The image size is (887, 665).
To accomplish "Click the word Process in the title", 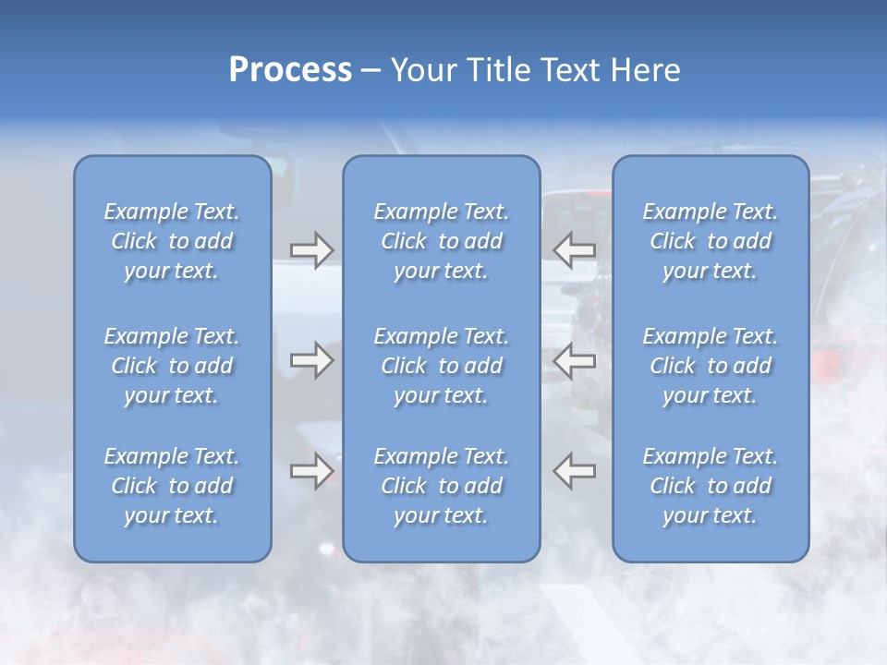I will [290, 70].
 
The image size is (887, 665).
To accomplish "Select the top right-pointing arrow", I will [312, 250].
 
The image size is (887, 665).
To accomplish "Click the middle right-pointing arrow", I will [312, 360].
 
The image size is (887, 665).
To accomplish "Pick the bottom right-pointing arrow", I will [312, 471].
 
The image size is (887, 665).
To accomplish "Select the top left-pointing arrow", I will [575, 250].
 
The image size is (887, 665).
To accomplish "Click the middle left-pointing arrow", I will [575, 360].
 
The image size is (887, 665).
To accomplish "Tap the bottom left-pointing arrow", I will [575, 471].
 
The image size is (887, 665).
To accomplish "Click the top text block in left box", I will [172, 241].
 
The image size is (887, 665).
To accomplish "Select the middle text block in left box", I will [172, 366].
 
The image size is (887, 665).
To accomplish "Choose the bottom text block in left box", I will [172, 486].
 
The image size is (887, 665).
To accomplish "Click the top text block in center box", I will [442, 241].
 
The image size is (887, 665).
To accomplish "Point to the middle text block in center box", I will [442, 366].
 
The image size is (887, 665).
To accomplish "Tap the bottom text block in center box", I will [442, 486].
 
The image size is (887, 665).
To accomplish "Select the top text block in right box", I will [711, 241].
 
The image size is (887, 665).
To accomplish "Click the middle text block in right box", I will [711, 366].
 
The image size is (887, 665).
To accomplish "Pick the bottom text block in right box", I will [711, 486].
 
